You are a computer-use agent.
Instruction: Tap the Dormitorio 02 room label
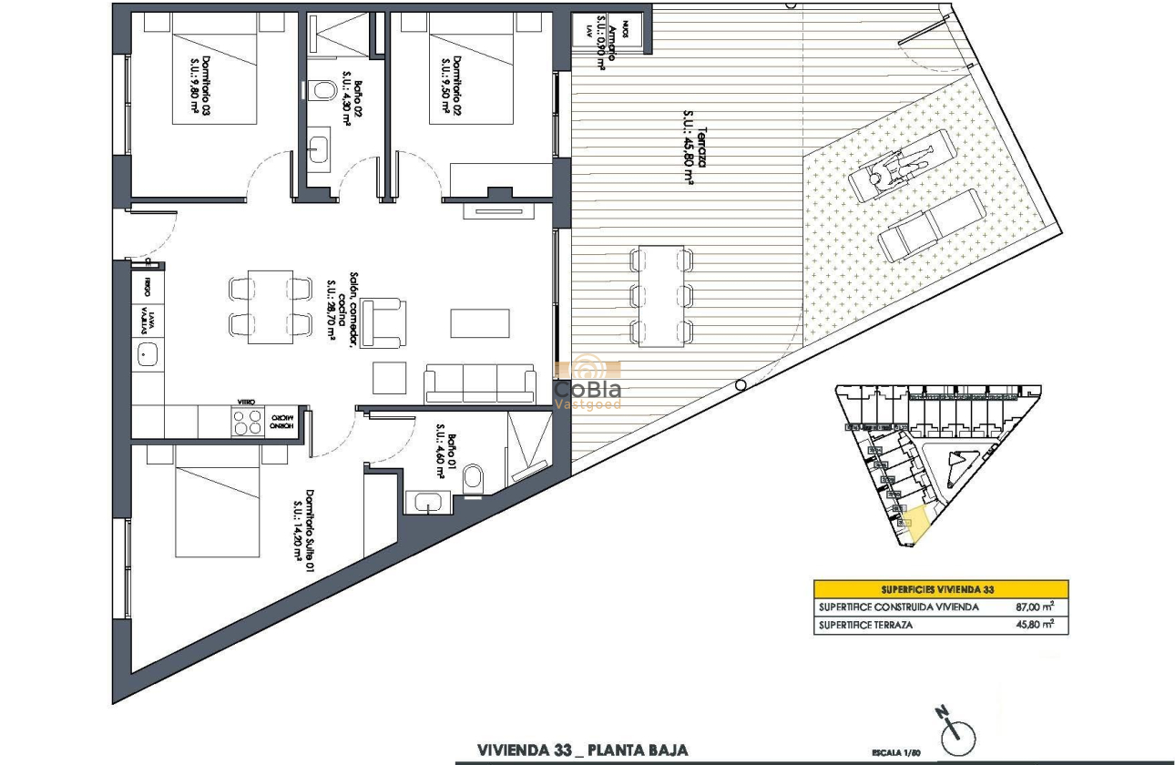[x=451, y=87]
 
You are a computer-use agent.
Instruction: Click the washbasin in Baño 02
[x=319, y=150]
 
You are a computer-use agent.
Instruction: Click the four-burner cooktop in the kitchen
[x=247, y=423]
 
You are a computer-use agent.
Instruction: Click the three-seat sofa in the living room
[x=480, y=383]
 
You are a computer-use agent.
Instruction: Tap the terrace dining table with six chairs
[x=661, y=294]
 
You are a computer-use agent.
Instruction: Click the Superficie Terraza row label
[x=865, y=625]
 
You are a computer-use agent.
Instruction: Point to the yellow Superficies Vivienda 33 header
[x=941, y=589]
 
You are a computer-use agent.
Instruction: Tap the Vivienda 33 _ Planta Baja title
[x=583, y=750]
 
